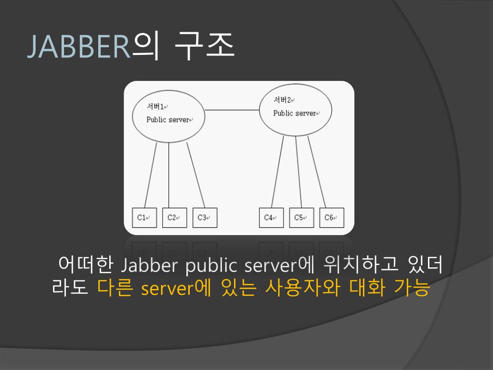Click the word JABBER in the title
(79, 47)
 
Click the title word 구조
(205, 47)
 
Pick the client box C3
(205, 217)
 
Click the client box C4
(271, 217)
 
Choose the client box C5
(301, 217)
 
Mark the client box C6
(332, 217)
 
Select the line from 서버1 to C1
(151, 174)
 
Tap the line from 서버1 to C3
(196, 174)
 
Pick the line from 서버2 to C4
(277, 172)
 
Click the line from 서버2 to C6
(316, 172)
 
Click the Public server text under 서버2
(295, 113)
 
